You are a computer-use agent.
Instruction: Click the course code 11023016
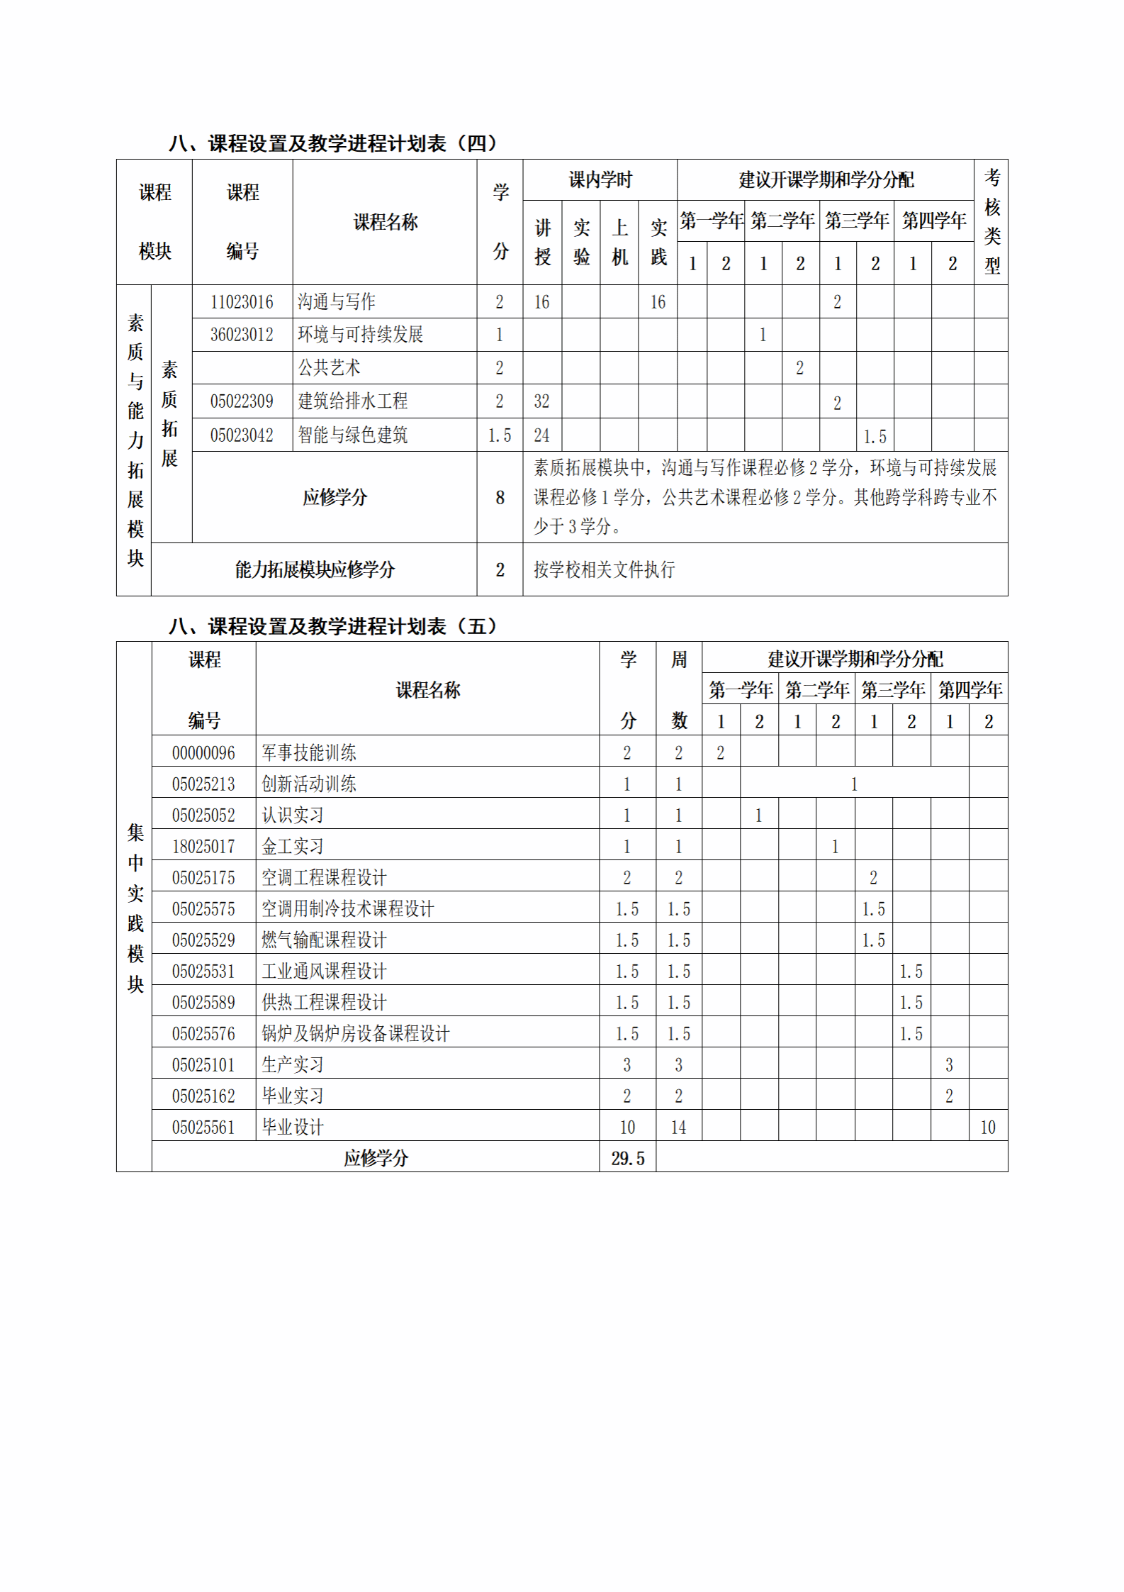pyautogui.click(x=242, y=302)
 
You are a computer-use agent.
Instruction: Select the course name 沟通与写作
pyautogui.click(x=337, y=302)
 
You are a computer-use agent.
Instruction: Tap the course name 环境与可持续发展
pyautogui.click(x=360, y=335)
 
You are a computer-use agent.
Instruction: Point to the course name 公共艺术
pyautogui.click(x=329, y=368)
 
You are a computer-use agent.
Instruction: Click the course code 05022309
pyautogui.click(x=242, y=401)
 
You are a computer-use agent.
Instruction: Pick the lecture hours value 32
pyautogui.click(x=541, y=401)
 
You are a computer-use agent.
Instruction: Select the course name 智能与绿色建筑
pyautogui.click(x=352, y=435)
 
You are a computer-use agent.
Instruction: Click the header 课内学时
pyautogui.click(x=600, y=180)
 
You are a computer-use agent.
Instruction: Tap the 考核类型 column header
pyautogui.click(x=991, y=222)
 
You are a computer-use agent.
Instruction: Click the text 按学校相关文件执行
pyautogui.click(x=604, y=569)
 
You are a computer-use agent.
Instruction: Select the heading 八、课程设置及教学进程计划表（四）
pyautogui.click(x=333, y=143)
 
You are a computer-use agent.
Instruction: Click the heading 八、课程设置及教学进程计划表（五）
pyautogui.click(x=333, y=626)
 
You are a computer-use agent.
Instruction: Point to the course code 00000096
pyautogui.click(x=203, y=753)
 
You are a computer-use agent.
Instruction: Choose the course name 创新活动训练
pyautogui.click(x=309, y=784)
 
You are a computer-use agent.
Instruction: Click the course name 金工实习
pyautogui.click(x=293, y=847)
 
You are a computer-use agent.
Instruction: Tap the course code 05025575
pyautogui.click(x=203, y=909)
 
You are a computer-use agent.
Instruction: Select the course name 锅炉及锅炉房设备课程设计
pyautogui.click(x=355, y=1034)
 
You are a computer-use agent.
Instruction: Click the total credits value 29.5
pyautogui.click(x=628, y=1159)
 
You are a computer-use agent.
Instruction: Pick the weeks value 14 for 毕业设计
pyautogui.click(x=678, y=1128)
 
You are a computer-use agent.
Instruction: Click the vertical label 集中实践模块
pyautogui.click(x=135, y=908)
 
